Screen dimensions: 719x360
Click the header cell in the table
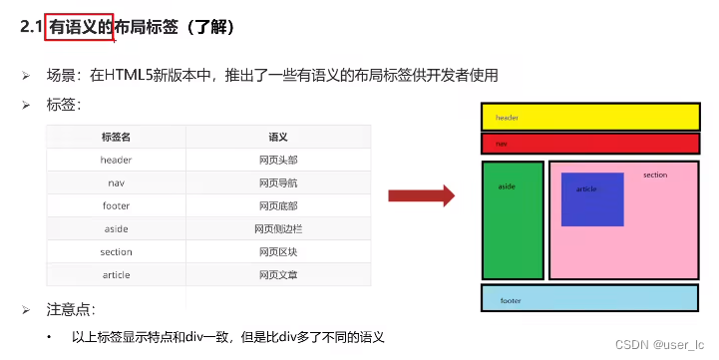click(x=116, y=160)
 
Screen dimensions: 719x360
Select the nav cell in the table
click(x=116, y=182)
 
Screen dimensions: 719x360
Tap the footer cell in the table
click(x=116, y=205)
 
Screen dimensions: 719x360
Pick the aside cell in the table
click(x=116, y=228)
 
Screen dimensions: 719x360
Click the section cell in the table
click(x=116, y=252)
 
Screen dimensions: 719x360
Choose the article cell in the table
click(x=116, y=275)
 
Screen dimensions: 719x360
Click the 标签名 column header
click(x=116, y=137)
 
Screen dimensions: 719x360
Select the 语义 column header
click(x=278, y=137)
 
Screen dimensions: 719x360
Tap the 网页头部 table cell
click(x=278, y=160)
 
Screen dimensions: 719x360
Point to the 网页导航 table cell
click(x=278, y=182)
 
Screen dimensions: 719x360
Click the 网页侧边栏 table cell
click(x=278, y=228)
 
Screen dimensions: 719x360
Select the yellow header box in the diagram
click(x=591, y=117)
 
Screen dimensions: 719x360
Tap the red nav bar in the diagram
click(x=591, y=144)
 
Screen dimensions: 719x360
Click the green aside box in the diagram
click(x=513, y=220)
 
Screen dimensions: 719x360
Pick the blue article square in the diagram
click(x=592, y=199)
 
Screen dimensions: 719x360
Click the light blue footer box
click(x=590, y=298)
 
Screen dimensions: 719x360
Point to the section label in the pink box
click(x=655, y=176)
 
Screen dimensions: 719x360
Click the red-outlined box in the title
click(x=78, y=27)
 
